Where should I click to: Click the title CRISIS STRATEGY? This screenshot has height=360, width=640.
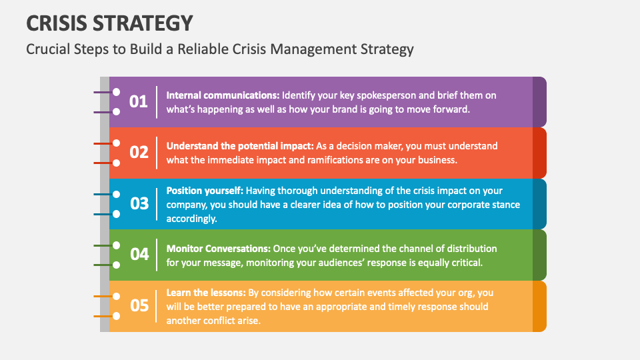click(x=109, y=23)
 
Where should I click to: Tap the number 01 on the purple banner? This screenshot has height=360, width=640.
click(x=139, y=101)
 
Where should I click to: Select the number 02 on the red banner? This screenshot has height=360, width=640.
click(x=139, y=152)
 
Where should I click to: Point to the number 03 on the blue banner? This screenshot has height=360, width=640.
click(x=139, y=203)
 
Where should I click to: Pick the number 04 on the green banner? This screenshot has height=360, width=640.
click(x=139, y=254)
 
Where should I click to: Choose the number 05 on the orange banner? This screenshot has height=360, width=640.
click(x=139, y=305)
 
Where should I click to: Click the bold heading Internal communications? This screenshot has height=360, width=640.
click(x=223, y=95)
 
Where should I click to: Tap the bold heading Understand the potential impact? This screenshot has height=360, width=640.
click(x=239, y=145)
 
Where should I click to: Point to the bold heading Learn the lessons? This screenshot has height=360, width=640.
click(x=206, y=293)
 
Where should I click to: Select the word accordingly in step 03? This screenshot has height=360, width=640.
click(x=191, y=218)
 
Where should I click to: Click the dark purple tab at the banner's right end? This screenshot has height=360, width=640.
click(x=539, y=101)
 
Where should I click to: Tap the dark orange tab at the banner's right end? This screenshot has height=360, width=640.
click(x=539, y=305)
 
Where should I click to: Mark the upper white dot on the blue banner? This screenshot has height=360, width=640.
click(x=116, y=194)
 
